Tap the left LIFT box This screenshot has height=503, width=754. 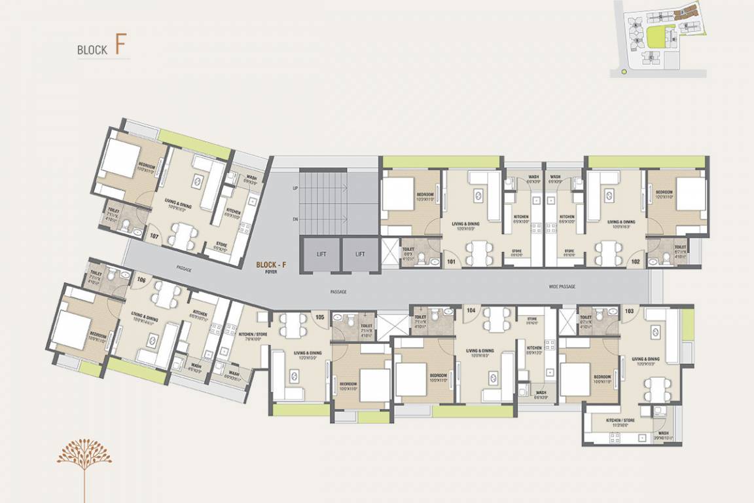320,254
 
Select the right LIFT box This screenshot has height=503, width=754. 360,254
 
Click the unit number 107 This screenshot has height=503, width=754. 154,236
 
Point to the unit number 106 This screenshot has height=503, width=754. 141,280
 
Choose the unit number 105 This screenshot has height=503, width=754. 319,317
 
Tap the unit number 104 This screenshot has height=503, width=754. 471,310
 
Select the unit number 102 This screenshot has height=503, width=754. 635,261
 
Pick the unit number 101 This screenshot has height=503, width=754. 451,261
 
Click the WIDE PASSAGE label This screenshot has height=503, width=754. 562,287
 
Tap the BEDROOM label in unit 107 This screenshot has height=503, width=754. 145,168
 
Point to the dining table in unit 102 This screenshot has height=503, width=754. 608,250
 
